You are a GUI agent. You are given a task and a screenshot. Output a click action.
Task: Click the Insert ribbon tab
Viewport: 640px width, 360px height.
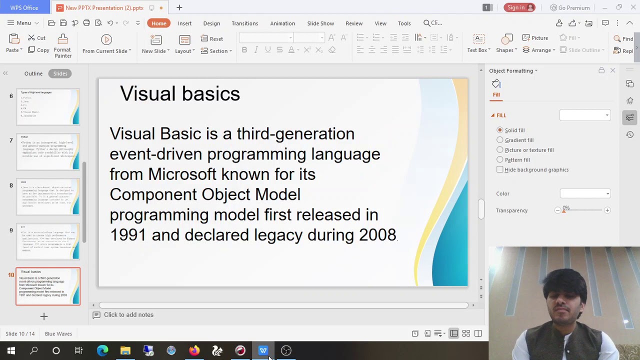(x=184, y=23)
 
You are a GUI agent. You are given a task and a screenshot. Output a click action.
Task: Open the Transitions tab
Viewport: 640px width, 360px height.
(x=244, y=23)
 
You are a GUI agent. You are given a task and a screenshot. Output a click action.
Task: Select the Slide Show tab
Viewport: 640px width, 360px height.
(x=320, y=23)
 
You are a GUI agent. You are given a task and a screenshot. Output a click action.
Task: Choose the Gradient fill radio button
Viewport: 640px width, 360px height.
(x=500, y=140)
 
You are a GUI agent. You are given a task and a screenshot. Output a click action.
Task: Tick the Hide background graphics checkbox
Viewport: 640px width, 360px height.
(x=500, y=169)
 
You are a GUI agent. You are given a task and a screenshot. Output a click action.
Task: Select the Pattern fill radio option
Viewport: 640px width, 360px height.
(x=500, y=159)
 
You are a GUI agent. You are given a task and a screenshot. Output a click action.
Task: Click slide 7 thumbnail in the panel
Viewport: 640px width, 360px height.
(x=48, y=151)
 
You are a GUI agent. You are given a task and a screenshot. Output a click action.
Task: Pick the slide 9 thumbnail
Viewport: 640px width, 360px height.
(x=48, y=241)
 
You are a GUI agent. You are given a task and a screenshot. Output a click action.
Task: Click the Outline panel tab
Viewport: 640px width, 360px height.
(x=33, y=73)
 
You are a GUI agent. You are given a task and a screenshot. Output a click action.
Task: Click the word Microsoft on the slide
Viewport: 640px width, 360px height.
(x=182, y=174)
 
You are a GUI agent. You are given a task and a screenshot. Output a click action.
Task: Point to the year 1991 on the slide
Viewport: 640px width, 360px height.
(x=128, y=235)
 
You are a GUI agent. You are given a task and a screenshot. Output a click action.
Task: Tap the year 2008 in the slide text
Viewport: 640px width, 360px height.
(x=377, y=235)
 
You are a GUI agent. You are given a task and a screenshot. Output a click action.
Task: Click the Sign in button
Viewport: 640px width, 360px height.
(x=519, y=7)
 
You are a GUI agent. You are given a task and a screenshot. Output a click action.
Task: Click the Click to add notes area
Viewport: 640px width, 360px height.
(x=128, y=315)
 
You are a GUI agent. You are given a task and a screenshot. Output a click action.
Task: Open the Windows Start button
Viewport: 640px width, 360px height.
(x=11, y=350)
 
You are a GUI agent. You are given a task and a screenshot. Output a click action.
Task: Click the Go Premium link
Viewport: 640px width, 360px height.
(x=570, y=7)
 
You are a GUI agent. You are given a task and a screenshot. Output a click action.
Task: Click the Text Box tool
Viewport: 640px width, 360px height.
(x=478, y=44)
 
